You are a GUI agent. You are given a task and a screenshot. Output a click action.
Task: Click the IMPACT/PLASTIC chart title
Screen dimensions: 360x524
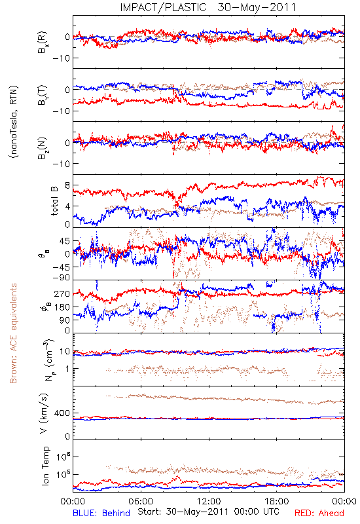(163, 7)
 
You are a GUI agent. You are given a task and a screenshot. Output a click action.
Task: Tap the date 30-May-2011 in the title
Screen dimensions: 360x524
(257, 7)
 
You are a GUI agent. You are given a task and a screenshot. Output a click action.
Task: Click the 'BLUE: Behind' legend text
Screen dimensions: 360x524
(101, 513)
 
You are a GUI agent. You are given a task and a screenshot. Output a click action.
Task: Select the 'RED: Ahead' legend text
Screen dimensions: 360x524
(319, 513)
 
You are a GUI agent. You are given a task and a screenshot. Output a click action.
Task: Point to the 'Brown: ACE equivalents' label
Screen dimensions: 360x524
(13, 333)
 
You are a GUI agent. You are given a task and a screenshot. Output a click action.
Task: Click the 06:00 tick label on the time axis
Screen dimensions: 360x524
(141, 501)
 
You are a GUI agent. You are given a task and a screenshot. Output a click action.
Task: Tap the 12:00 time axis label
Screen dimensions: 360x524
(209, 501)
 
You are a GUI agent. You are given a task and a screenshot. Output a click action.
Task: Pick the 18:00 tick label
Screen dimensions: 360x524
(277, 501)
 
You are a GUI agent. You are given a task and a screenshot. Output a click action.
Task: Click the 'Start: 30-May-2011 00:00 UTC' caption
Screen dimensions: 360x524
(208, 512)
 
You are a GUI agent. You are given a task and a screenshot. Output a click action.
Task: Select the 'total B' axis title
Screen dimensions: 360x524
(54, 200)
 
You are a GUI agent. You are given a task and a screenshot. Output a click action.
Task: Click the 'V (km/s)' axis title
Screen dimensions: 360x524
(44, 413)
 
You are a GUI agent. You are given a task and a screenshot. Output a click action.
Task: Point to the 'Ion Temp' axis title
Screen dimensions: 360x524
(45, 466)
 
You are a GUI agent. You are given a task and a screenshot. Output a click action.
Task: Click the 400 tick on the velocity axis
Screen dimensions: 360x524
(62, 413)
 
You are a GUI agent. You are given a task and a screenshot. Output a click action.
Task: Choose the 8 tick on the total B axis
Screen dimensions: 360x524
(68, 185)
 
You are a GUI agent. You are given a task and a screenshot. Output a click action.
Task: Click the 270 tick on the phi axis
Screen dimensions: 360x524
(62, 293)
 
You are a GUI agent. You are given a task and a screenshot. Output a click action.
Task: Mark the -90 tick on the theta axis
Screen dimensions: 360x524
(62, 278)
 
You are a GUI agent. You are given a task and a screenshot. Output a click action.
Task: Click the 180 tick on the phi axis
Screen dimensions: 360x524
(62, 307)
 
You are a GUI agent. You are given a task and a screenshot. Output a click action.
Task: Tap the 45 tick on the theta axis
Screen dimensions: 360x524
(65, 241)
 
